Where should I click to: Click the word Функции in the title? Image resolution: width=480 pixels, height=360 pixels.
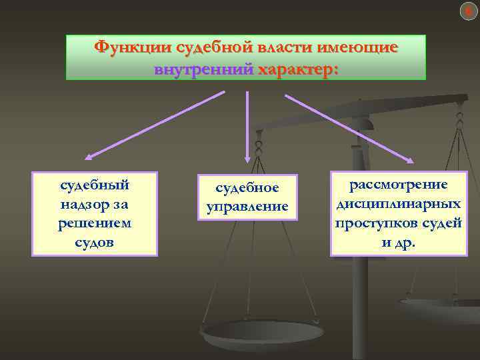tap(131, 48)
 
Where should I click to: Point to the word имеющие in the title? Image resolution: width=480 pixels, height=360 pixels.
tap(359, 48)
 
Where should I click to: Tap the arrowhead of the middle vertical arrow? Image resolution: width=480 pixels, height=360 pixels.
tap(247, 158)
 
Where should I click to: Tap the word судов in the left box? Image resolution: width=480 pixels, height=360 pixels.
tap(95, 243)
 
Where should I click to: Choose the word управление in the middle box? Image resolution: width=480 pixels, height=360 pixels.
tap(247, 207)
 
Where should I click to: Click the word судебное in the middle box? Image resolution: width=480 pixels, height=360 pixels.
tap(247, 189)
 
